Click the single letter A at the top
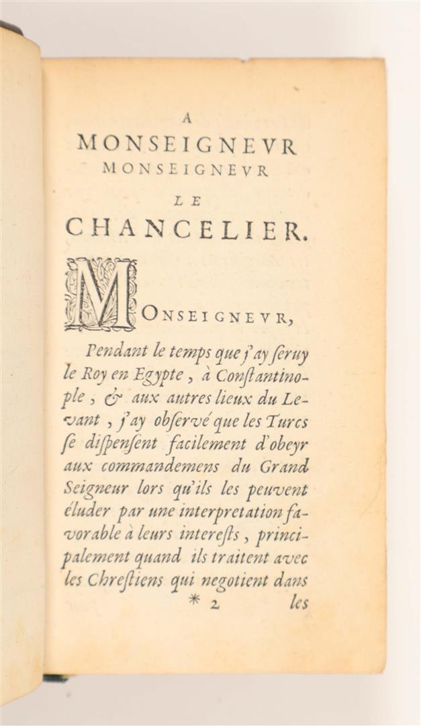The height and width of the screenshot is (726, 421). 187,118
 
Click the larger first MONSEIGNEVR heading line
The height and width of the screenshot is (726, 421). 187,145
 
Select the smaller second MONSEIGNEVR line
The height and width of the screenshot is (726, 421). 185,169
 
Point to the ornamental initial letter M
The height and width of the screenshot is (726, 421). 101,294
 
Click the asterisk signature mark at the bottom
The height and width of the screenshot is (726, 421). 194,600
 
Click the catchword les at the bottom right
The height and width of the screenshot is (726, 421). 299,602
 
